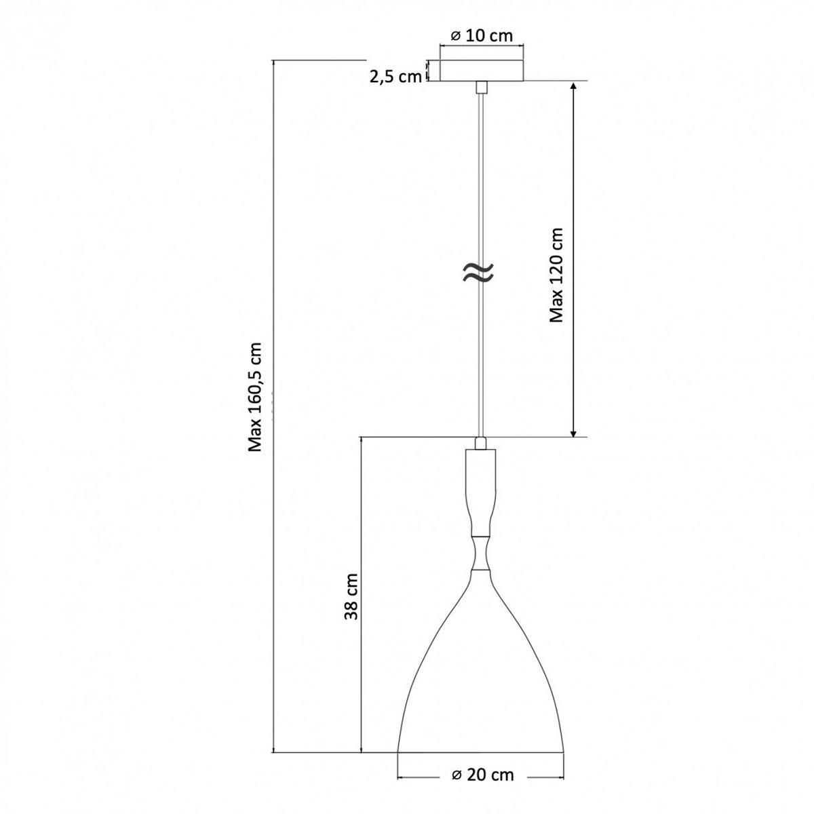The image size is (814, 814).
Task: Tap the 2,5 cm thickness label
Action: (x=395, y=77)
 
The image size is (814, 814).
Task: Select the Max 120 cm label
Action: (x=556, y=275)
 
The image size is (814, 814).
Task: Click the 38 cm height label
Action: (x=351, y=596)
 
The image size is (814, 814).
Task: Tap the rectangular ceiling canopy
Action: (x=482, y=71)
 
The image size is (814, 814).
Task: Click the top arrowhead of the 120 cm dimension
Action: (x=573, y=86)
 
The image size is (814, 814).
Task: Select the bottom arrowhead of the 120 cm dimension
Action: (x=573, y=432)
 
